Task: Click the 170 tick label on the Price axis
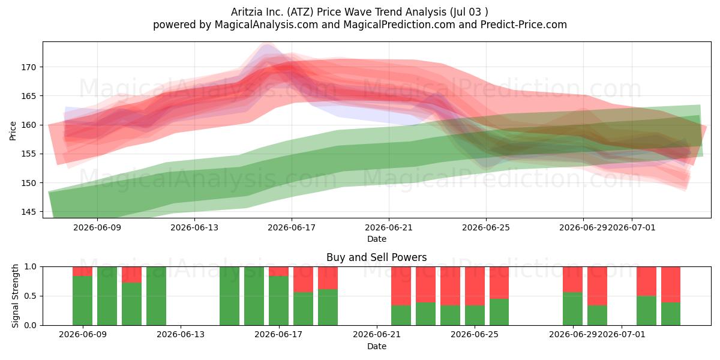[28, 67]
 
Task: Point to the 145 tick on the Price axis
[28, 212]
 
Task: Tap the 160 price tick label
[28, 125]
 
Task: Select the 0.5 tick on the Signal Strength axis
[31, 296]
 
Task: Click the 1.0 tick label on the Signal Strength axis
[31, 267]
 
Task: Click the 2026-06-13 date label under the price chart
[194, 227]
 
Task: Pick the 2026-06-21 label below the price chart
[389, 227]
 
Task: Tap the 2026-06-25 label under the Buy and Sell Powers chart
[475, 335]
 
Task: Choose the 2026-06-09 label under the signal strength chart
[83, 335]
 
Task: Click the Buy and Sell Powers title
[377, 257]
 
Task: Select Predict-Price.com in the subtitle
[524, 25]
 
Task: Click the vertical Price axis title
[13, 131]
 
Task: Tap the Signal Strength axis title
[15, 296]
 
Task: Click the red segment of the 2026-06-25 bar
[475, 286]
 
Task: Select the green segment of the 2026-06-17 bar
[278, 301]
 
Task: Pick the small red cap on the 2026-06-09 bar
[83, 271]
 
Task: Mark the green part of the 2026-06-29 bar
[572, 308]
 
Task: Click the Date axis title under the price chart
[377, 239]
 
